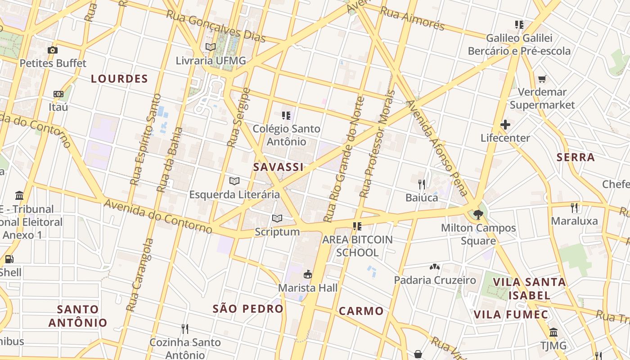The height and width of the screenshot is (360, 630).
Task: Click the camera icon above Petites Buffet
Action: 53,50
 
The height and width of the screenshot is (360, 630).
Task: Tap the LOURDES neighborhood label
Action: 119,79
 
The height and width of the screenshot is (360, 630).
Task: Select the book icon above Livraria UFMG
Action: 210,47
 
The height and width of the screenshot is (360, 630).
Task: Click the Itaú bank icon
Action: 58,94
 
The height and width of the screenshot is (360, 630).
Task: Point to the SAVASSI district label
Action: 278,167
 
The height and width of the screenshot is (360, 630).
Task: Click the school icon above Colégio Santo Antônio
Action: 286,116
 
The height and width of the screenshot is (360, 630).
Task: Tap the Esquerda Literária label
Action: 234,194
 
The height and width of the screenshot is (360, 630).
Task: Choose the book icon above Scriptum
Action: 277,219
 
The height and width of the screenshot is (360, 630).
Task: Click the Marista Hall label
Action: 308,288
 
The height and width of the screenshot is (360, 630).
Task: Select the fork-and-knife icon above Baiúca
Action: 422,184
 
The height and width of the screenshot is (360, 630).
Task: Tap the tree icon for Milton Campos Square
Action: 478,215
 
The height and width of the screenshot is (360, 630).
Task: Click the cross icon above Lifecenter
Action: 505,125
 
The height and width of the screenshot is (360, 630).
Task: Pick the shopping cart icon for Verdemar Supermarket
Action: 542,79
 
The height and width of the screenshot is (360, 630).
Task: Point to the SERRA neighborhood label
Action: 576,157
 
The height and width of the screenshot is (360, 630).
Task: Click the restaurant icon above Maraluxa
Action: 574,207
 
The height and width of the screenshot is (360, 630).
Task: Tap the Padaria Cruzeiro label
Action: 435,280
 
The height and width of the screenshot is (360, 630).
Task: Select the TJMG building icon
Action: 553,333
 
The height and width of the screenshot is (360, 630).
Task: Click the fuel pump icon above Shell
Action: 9,259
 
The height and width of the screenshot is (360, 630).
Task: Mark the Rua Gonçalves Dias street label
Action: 216,27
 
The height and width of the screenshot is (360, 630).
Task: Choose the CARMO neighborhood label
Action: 361,310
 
